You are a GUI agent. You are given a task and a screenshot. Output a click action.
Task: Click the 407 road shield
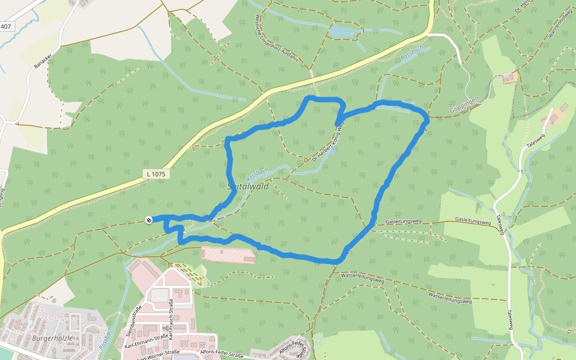click(5, 26)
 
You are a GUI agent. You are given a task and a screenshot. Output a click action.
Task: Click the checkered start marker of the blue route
click(149, 220)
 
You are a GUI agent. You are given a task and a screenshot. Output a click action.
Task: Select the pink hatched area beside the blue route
click(228, 254)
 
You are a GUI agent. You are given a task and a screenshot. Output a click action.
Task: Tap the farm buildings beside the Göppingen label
click(508, 77)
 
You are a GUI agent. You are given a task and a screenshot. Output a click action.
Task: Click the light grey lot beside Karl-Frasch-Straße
click(159, 295)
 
